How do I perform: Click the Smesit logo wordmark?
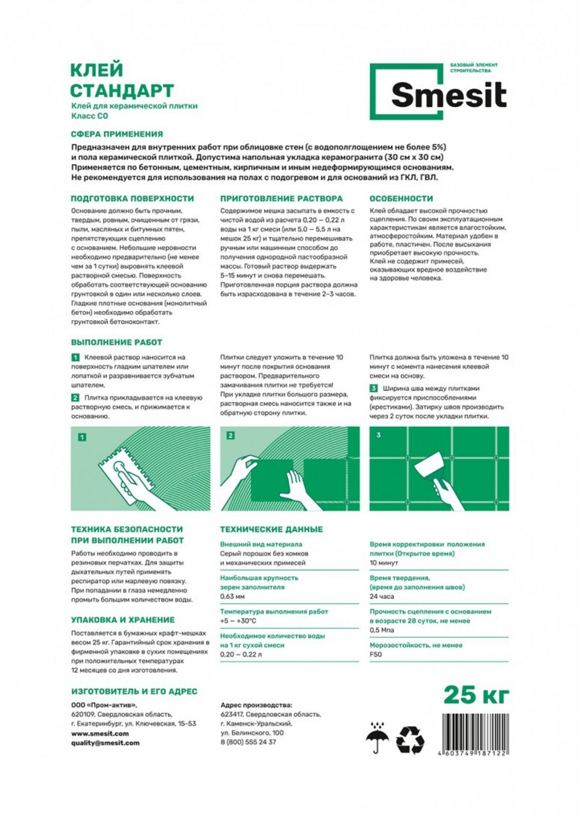coord(448,95)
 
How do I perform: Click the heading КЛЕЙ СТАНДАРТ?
coord(122,81)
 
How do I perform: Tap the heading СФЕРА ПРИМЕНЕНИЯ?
coord(117,134)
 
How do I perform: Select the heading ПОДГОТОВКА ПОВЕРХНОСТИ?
coord(132,198)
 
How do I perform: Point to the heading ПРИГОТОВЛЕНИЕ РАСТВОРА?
coord(281,198)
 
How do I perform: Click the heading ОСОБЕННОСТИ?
coord(401,198)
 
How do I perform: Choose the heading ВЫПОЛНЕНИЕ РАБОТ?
coord(117,342)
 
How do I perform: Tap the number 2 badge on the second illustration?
coord(230,436)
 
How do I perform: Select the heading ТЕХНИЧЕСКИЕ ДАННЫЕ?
coord(271,529)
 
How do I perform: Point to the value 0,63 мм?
coord(232,596)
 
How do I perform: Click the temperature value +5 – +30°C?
coord(238,621)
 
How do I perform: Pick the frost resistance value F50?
coord(376,654)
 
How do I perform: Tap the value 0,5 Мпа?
coord(382,630)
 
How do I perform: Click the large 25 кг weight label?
coord(476,694)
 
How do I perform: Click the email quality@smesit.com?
coord(105,743)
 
